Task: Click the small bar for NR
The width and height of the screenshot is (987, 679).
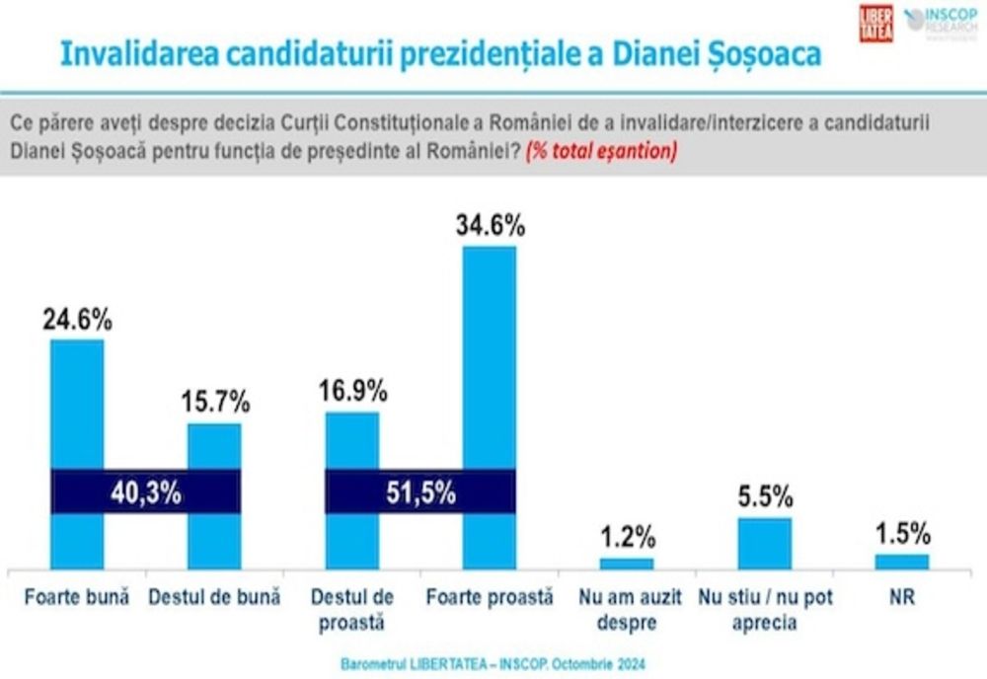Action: pyautogui.click(x=902, y=562)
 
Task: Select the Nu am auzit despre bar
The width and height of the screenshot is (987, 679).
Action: pyautogui.click(x=627, y=564)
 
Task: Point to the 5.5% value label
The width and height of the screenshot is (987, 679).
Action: pyautogui.click(x=765, y=497)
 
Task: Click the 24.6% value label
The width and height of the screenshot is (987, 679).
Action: pyautogui.click(x=77, y=320)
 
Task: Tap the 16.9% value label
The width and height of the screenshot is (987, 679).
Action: pyautogui.click(x=352, y=392)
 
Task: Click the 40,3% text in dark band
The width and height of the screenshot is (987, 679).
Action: pyautogui.click(x=146, y=491)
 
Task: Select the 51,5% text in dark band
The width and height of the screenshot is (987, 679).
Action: pyautogui.click(x=420, y=491)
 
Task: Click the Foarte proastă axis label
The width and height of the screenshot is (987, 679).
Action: pyautogui.click(x=490, y=598)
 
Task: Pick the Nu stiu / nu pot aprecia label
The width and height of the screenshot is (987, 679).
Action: pyautogui.click(x=765, y=610)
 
